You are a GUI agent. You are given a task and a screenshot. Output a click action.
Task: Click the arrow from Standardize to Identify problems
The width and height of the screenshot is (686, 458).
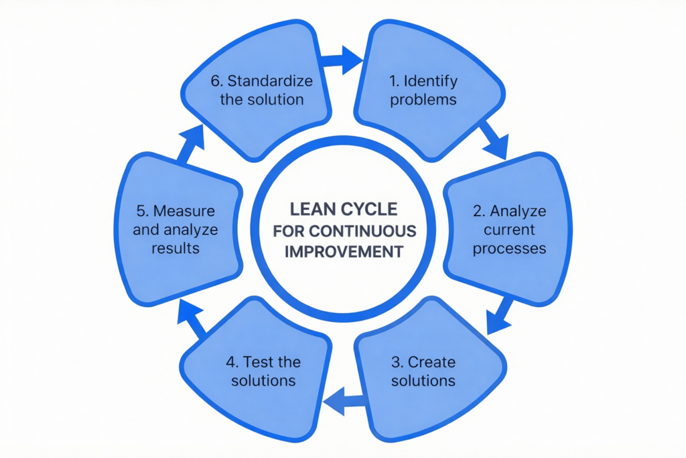coord(343,60)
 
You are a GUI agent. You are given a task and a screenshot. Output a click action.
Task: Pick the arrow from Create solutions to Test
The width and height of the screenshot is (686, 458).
coord(343,401)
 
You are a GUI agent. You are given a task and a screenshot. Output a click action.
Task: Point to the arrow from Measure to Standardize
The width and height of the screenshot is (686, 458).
coord(191,141)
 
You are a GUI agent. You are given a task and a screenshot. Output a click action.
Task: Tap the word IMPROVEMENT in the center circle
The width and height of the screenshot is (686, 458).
coord(343,252)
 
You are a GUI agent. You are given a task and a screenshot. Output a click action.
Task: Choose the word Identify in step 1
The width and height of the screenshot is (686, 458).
coord(433,81)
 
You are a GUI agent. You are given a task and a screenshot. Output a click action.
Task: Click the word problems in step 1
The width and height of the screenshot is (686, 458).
coord(423,100)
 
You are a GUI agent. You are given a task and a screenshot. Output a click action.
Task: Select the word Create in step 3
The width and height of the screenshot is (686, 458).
coord(431,362)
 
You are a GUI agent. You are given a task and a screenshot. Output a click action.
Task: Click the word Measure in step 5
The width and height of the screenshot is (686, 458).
coord(184,211)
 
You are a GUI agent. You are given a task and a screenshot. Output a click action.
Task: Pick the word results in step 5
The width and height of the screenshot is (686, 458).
coord(175,248)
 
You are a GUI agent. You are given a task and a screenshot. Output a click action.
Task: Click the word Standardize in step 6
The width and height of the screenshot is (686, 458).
coord(270,81)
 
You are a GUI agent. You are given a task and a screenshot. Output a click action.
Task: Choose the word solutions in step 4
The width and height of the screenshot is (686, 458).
coord(263,380)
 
